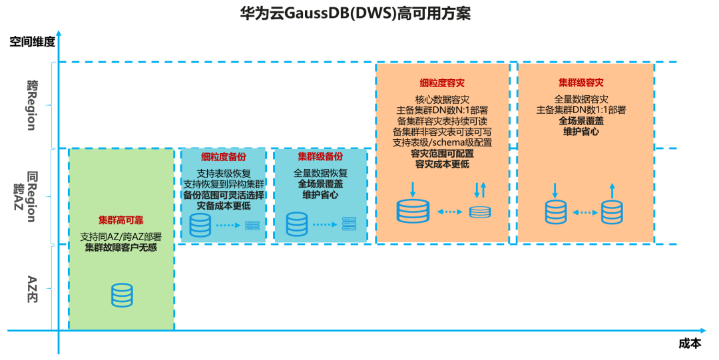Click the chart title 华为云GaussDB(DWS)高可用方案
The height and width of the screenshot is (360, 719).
pos(356,13)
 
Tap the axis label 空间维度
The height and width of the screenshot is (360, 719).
pos(32,42)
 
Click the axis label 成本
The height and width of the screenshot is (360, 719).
pos(690,343)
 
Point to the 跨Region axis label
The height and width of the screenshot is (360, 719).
pos(32,105)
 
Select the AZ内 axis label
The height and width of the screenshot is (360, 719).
pos(32,289)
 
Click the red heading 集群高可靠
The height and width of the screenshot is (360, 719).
pos(121,220)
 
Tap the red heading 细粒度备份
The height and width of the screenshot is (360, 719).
pos(224,157)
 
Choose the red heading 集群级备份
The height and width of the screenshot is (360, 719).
pos(320,156)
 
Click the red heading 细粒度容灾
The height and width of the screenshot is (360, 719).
pos(442,83)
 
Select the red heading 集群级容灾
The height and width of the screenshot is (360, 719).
pos(581,83)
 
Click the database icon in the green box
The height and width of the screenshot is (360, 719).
pos(122,295)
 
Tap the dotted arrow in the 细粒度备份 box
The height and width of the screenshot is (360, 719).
pos(228,225)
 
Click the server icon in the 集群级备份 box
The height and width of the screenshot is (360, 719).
pos(349,224)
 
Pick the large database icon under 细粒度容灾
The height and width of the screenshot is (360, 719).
pos(413,210)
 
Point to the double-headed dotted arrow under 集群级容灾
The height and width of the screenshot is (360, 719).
pos(585,212)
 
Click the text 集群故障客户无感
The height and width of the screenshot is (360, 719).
pos(121,248)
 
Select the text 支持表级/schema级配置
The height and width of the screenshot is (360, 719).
pos(442,142)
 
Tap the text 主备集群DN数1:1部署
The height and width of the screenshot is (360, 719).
pos(581,110)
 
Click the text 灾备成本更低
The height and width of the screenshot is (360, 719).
pos(224,206)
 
